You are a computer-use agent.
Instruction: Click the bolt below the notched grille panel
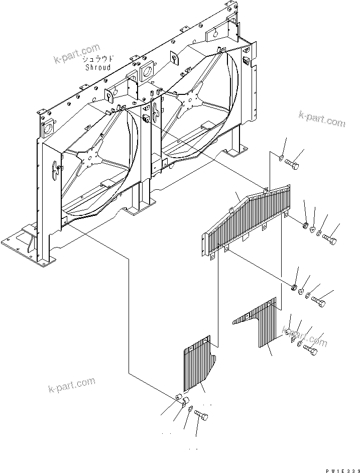tap(201, 416)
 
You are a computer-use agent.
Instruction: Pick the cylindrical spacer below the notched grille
tap(178, 398)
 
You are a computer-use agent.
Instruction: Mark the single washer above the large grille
tap(280, 159)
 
